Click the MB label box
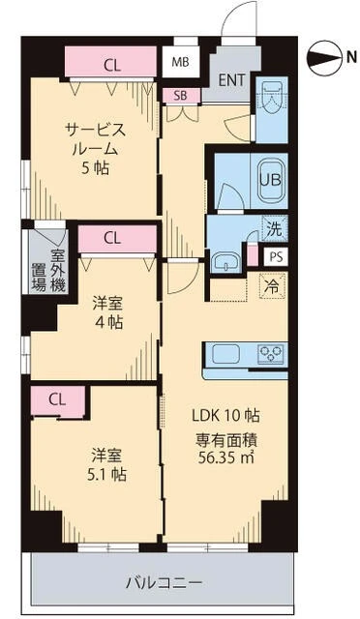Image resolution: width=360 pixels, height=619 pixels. [x=181, y=62]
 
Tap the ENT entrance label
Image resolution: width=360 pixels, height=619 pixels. [x=231, y=80]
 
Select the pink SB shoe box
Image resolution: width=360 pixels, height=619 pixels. [x=181, y=96]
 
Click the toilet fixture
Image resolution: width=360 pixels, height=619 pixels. [x=271, y=97]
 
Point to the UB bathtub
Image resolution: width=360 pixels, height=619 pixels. [x=271, y=180]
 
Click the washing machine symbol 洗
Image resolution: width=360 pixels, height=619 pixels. [x=274, y=230]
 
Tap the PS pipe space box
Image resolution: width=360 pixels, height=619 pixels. [x=276, y=257]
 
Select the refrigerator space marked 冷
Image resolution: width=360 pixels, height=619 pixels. [x=273, y=285]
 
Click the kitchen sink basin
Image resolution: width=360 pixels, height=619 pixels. [x=226, y=354]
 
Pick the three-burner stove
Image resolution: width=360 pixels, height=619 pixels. [x=271, y=353]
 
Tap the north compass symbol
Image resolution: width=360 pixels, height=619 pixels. [x=325, y=58]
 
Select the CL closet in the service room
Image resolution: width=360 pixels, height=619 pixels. [x=111, y=62]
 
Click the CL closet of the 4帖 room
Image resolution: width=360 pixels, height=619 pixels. [x=118, y=239]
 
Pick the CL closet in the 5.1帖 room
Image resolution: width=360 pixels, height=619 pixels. [x=58, y=400]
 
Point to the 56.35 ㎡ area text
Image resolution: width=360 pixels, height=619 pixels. [x=226, y=457]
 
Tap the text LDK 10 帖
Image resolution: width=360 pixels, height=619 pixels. [x=226, y=415]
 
